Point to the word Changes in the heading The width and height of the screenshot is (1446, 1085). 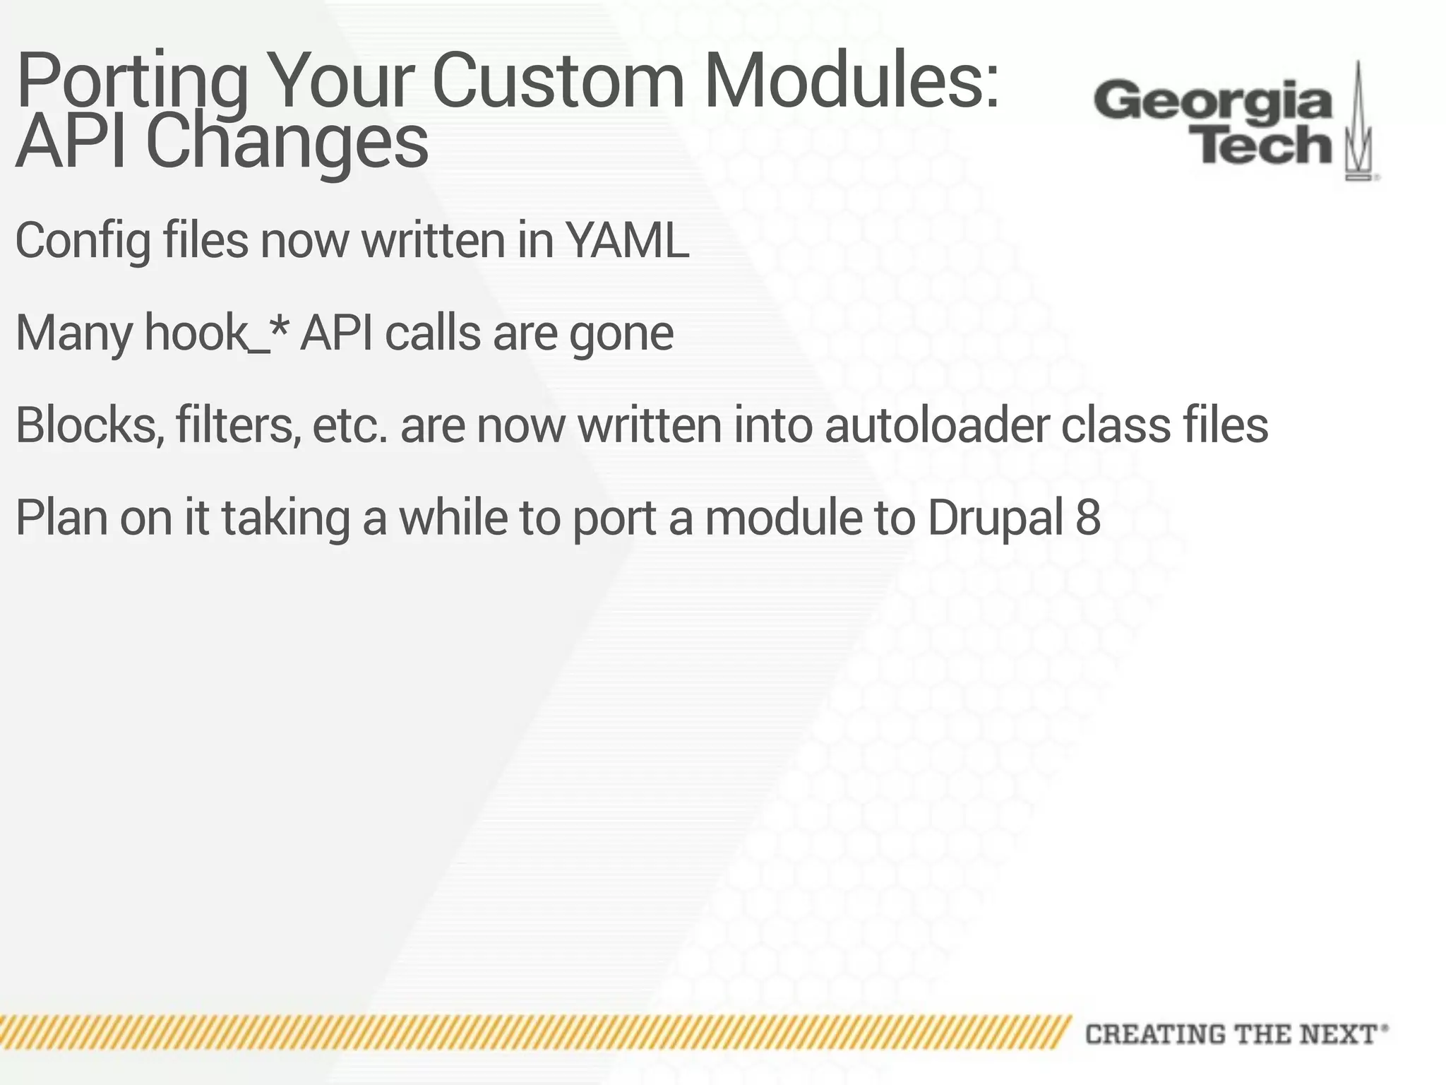tap(287, 143)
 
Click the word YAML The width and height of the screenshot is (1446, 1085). tap(628, 241)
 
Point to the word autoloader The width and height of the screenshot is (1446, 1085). tap(936, 425)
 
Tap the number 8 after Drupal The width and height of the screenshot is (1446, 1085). tap(1088, 518)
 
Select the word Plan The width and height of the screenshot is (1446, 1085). tap(61, 518)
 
